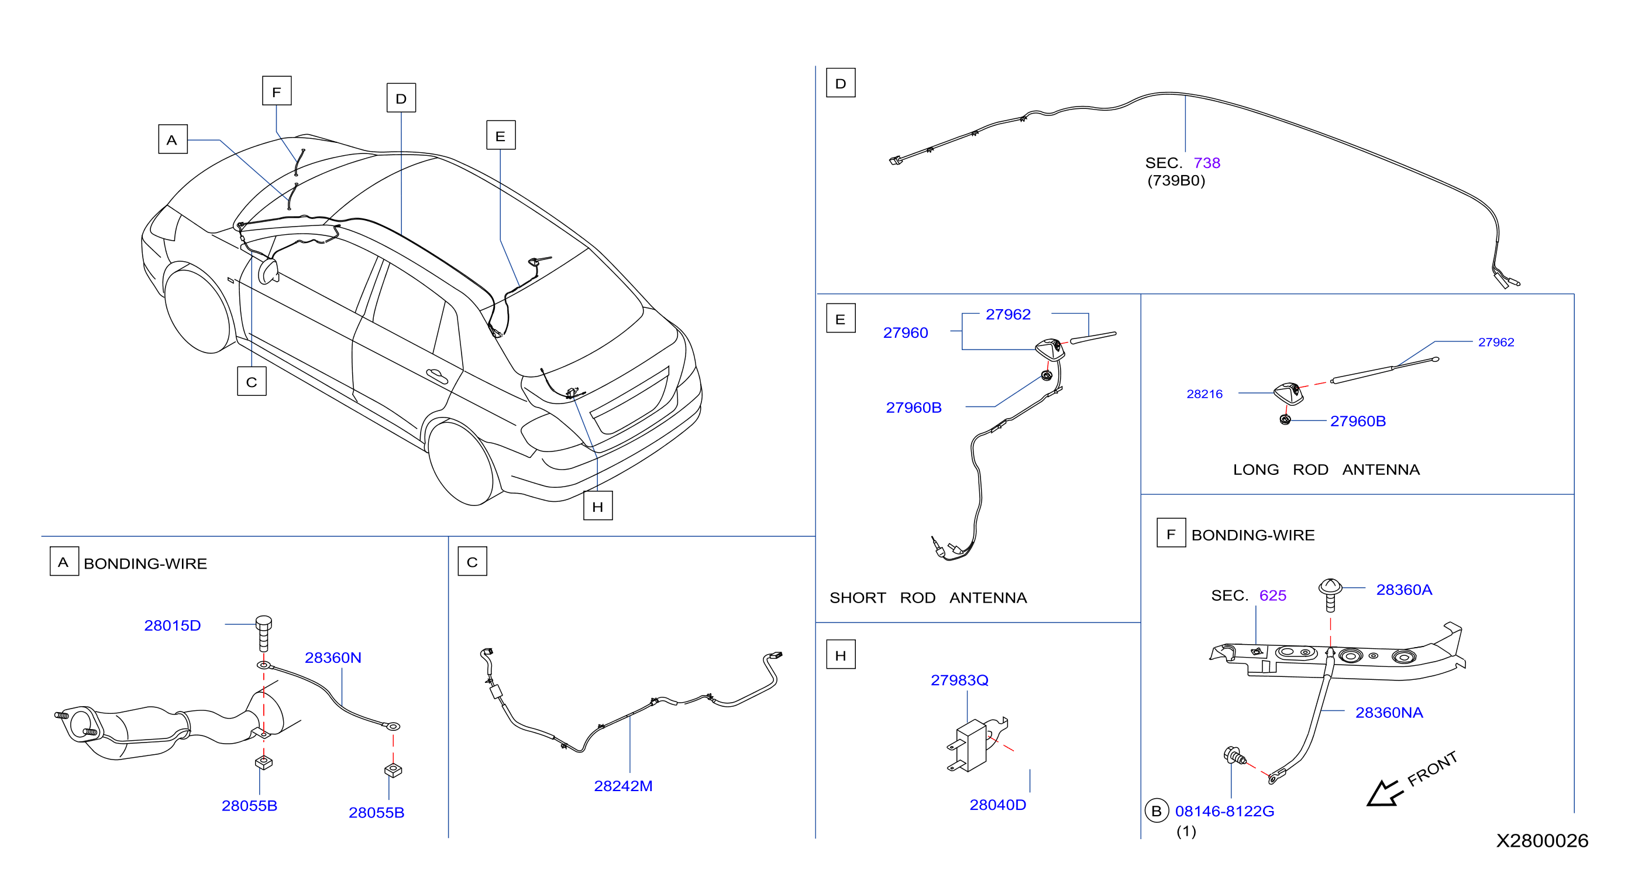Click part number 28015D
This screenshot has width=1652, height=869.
click(x=172, y=625)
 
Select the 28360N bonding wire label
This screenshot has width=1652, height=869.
click(x=333, y=657)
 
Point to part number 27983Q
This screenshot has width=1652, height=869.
click(x=959, y=680)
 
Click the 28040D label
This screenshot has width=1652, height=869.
click(x=997, y=804)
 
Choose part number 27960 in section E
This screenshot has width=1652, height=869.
click(x=906, y=333)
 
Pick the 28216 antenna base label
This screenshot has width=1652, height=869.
click(x=1204, y=394)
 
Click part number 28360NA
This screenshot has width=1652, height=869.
click(x=1389, y=713)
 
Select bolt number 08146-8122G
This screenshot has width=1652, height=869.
click(x=1224, y=811)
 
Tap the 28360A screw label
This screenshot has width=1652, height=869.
click(x=1404, y=590)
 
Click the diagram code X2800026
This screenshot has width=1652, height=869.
click(x=1543, y=841)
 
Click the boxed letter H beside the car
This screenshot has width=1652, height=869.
click(x=598, y=506)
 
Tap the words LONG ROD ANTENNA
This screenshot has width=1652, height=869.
click(x=1326, y=470)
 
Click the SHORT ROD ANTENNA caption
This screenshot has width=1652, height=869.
click(x=928, y=598)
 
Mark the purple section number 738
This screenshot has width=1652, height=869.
click(x=1207, y=163)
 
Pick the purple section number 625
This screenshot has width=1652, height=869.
click(x=1272, y=596)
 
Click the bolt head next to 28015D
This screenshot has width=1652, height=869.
click(x=264, y=622)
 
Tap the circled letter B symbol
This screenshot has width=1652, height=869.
click(x=1157, y=811)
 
